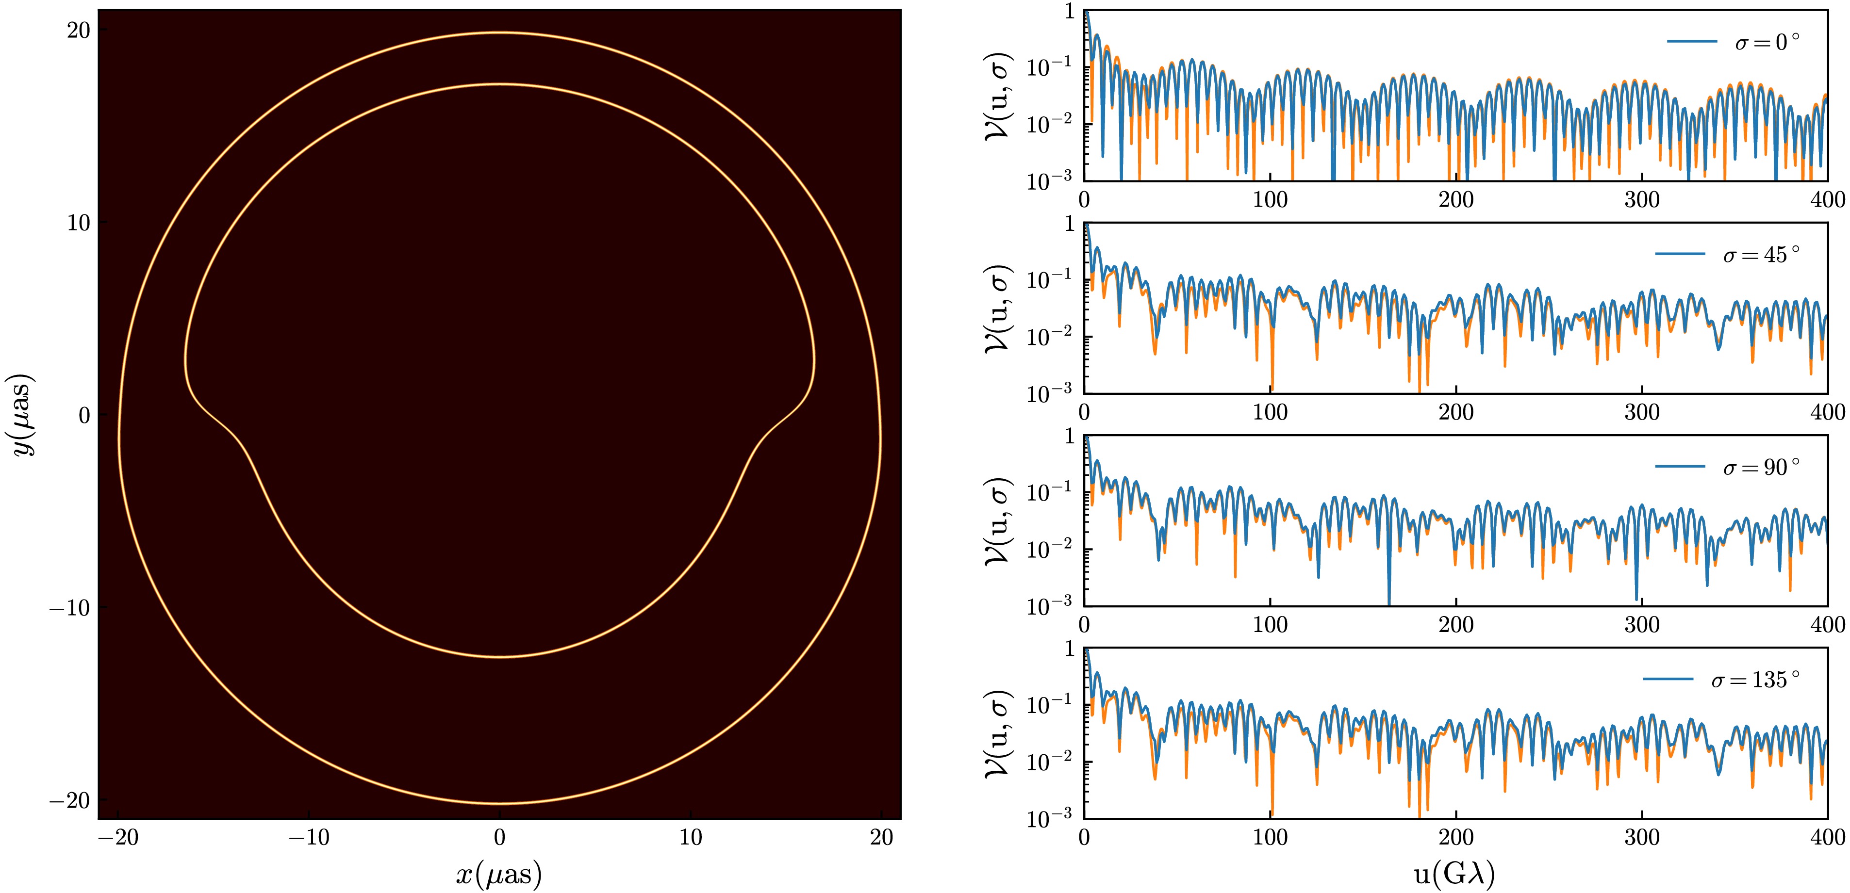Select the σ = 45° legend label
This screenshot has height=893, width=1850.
tap(1762, 255)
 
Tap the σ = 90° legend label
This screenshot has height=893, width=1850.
tap(1762, 467)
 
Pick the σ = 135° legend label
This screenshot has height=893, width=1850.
tap(1756, 679)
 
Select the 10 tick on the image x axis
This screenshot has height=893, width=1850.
tap(691, 838)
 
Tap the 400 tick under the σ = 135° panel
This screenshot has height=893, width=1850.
tap(1827, 838)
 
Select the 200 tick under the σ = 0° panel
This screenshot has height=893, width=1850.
tap(1456, 199)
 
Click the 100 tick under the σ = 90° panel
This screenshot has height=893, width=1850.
tap(1270, 625)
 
